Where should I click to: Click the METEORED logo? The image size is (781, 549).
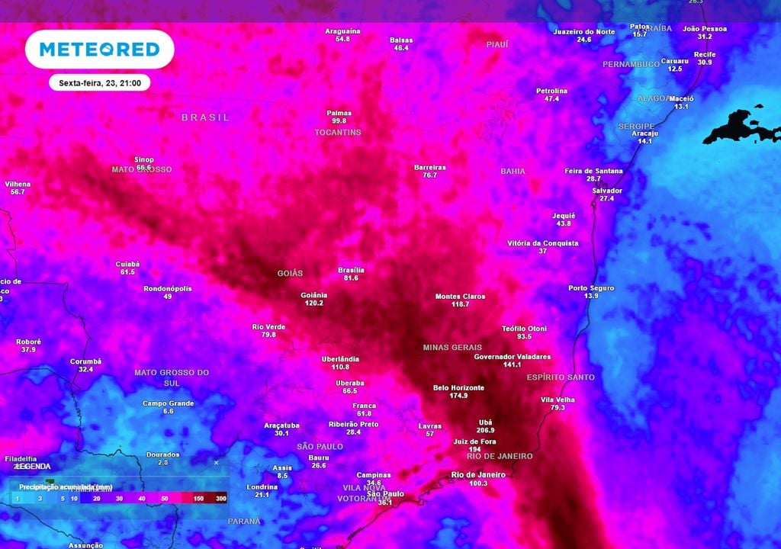point(99,50)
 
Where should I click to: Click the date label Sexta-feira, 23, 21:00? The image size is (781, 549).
point(99,82)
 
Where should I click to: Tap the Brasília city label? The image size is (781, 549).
point(351,270)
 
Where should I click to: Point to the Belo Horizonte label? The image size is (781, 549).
point(458,387)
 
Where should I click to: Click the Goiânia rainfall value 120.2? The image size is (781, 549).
point(313,303)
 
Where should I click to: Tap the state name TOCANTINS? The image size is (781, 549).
point(338,132)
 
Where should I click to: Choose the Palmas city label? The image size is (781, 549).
point(339,112)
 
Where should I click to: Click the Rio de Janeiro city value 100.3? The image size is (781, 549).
point(479,483)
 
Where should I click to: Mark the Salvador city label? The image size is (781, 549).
point(607,191)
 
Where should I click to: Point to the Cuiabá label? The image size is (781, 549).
point(127,264)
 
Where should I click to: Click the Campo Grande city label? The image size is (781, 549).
point(168,403)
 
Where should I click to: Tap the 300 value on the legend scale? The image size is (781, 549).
point(220,498)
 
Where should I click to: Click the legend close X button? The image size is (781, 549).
point(216,462)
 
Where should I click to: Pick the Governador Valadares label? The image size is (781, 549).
point(512,356)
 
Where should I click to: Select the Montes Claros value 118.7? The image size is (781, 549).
point(460,304)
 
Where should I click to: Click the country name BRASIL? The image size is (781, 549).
point(205,117)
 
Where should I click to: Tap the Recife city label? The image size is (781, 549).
point(705,54)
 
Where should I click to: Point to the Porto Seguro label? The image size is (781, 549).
point(591,288)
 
